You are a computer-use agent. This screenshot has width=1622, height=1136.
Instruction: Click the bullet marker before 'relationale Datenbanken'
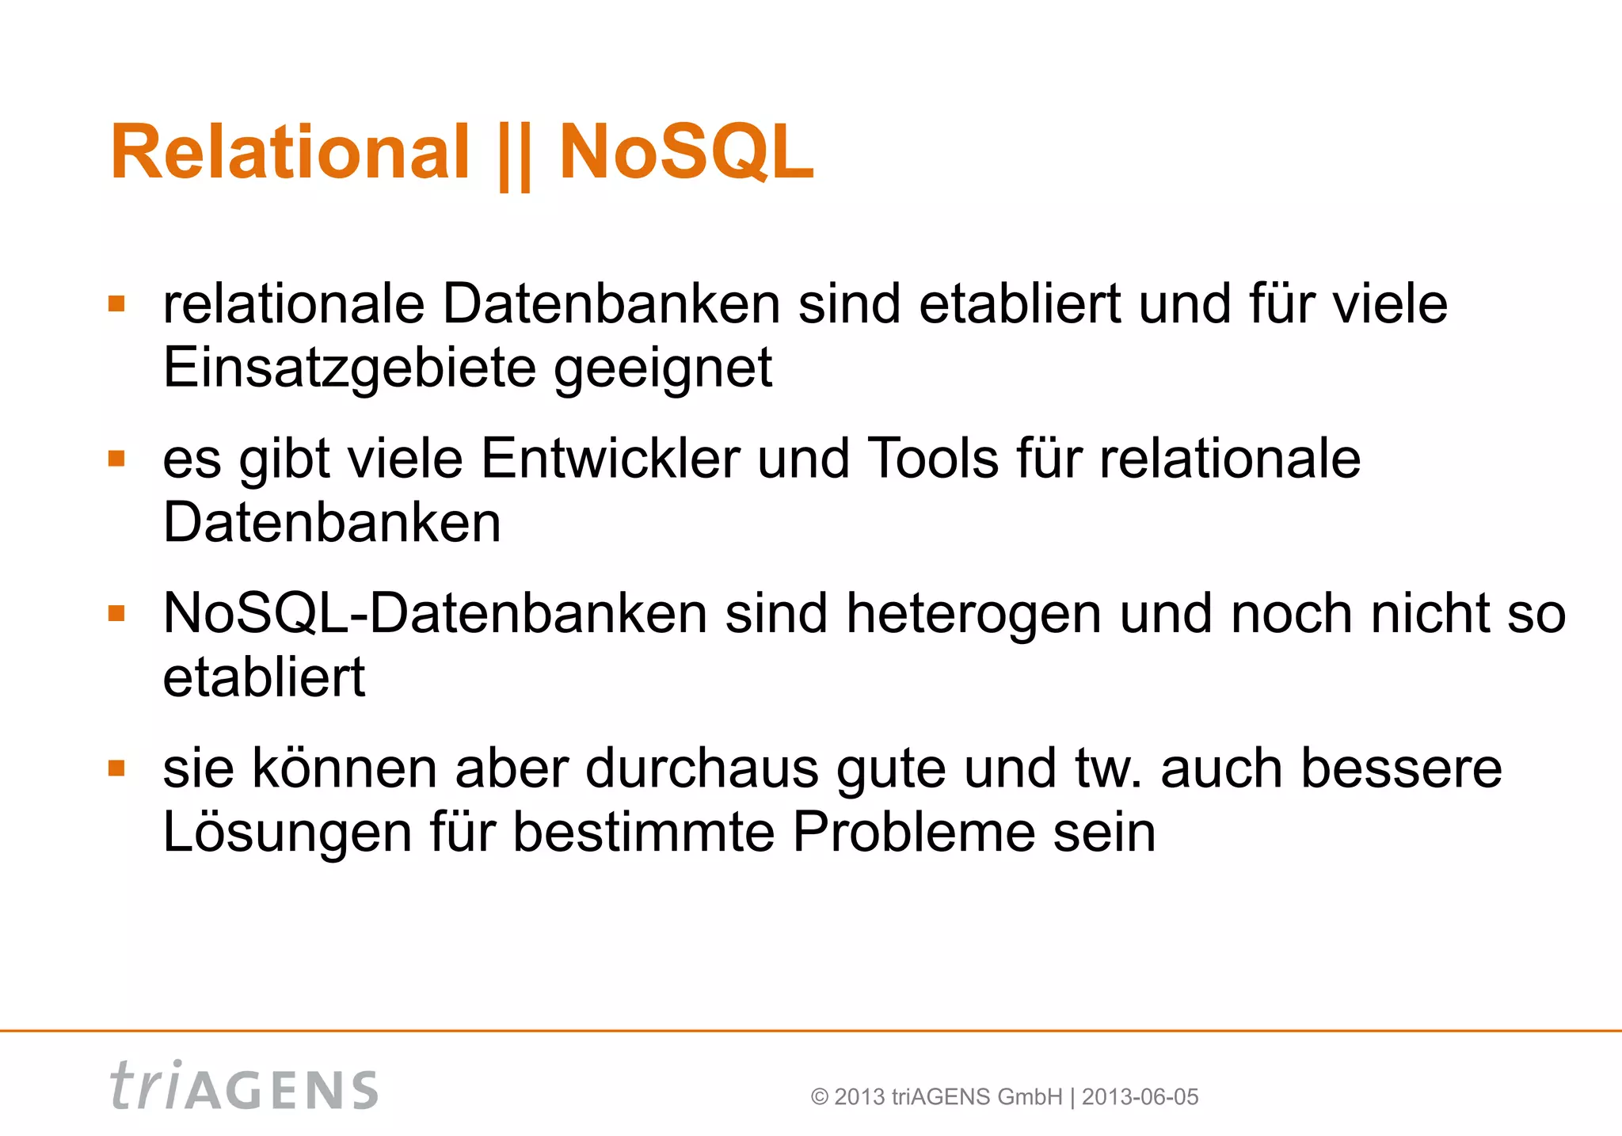click(117, 304)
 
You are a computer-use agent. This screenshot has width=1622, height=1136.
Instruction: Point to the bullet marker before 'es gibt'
click(117, 459)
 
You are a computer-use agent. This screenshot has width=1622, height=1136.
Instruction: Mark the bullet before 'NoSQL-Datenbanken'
click(117, 613)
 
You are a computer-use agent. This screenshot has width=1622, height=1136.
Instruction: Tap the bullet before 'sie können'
click(117, 768)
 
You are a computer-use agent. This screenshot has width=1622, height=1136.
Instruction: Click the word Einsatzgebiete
click(348, 368)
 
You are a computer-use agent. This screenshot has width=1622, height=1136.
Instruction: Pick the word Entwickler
click(610, 459)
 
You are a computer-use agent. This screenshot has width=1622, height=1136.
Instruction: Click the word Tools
click(933, 459)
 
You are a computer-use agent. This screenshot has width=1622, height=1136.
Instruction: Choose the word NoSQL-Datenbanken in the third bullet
click(435, 615)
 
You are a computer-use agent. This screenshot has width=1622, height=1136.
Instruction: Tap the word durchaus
click(702, 768)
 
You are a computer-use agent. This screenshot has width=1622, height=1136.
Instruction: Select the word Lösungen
click(287, 833)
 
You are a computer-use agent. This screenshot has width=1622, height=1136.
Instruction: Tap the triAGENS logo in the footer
click(244, 1086)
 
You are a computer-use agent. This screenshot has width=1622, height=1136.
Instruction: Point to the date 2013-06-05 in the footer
click(1140, 1097)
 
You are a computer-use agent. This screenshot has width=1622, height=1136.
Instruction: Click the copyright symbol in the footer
click(820, 1097)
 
